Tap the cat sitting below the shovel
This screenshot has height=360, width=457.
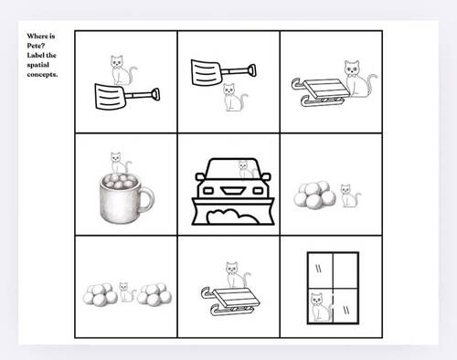click(x=233, y=98)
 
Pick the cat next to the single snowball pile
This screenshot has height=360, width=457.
click(x=347, y=195)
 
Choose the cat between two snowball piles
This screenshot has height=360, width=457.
click(x=125, y=292)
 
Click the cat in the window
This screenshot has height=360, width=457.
click(x=318, y=305)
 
